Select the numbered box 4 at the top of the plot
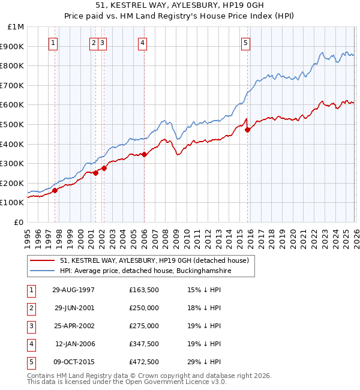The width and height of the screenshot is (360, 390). coord(142,43)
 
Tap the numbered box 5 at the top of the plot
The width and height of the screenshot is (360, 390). coord(246,43)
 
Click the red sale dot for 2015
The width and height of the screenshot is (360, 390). coord(247,130)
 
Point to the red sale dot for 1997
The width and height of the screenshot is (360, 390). coord(55,190)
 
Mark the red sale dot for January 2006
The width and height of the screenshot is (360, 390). coord(144,154)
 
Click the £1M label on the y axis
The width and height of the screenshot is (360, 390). coord(16,27)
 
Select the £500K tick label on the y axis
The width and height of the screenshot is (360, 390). coord(13,124)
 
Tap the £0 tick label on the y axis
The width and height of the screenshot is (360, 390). coord(19,222)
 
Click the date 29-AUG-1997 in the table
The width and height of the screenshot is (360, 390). coord(74,290)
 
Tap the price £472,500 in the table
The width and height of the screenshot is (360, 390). coord(144,362)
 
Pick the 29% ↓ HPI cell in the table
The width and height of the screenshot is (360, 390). coord(204,362)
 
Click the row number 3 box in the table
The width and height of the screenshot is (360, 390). coord(31,326)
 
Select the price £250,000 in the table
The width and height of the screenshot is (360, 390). coord(144,308)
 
